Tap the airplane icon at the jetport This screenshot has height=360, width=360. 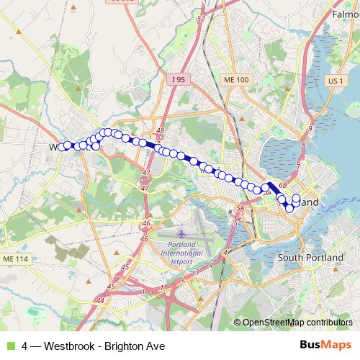[182, 234]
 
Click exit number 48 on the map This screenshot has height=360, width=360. [160, 131]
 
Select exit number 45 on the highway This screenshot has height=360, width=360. [126, 266]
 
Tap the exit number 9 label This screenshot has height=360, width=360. [310, 127]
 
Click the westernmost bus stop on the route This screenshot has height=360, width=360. [61, 146]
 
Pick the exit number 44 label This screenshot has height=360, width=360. [100, 300]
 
